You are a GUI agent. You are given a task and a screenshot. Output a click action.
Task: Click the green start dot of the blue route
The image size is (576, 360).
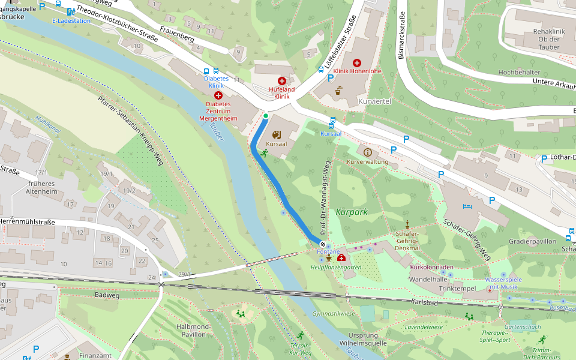[265, 116]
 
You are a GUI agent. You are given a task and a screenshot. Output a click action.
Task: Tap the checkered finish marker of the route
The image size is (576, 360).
[323, 244]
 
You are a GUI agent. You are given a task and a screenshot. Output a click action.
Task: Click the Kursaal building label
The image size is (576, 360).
[277, 145]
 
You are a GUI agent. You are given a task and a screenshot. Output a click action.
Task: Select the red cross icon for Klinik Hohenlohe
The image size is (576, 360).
[357, 62]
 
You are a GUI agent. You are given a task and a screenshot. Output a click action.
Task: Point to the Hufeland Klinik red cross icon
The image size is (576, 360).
[281, 80]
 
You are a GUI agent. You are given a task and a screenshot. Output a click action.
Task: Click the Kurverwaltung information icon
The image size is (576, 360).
[368, 152]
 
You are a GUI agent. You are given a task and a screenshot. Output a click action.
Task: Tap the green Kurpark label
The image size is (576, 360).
[352, 212]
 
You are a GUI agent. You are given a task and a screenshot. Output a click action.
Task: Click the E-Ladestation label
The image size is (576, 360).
[71, 20]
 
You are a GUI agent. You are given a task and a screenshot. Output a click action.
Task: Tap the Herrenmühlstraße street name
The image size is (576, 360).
[28, 222]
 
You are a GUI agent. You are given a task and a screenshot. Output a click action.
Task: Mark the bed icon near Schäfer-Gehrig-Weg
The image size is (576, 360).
[467, 206]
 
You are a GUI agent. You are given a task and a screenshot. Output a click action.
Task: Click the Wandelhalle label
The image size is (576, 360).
[428, 280]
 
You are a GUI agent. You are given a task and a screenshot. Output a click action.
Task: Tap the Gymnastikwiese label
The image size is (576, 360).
[334, 314]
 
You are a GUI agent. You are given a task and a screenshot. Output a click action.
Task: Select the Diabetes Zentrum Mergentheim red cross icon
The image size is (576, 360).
[218, 95]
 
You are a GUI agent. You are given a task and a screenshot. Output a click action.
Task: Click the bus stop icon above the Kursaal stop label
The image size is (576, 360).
[332, 119]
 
